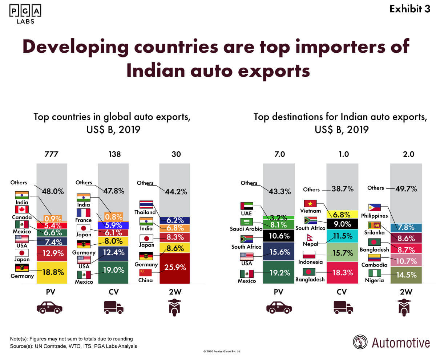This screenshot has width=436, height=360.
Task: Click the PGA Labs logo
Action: [x=24, y=14]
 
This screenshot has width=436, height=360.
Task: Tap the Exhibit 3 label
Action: [x=409, y=9]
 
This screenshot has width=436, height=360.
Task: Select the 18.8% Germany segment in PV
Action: [x=52, y=272]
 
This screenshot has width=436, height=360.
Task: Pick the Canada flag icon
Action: [x=22, y=209]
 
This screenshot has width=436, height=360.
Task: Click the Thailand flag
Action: [x=146, y=204]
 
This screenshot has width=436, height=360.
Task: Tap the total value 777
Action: [x=51, y=154]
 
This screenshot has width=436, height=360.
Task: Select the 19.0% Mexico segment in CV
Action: [x=113, y=270]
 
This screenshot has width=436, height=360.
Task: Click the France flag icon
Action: [x=84, y=213]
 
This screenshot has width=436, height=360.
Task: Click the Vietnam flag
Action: [x=310, y=204]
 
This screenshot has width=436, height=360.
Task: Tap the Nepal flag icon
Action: [x=310, y=237]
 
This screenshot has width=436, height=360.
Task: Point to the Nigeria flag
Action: [x=375, y=273]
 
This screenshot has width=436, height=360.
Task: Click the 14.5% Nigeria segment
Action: [x=406, y=275]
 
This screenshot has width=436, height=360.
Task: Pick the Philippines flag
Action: [x=374, y=208]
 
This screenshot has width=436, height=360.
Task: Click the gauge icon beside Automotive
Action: [x=360, y=342]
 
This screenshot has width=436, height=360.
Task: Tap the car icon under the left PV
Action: [x=50, y=308]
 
